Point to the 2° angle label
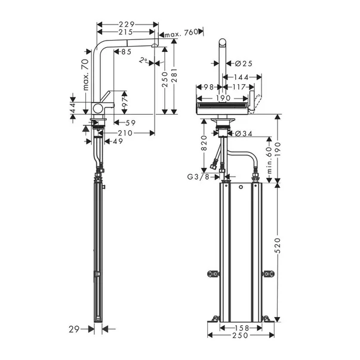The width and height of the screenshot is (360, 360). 142,60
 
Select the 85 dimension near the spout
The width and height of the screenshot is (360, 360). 126,53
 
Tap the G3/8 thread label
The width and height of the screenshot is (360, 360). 196,177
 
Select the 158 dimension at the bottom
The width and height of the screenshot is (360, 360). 241,328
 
